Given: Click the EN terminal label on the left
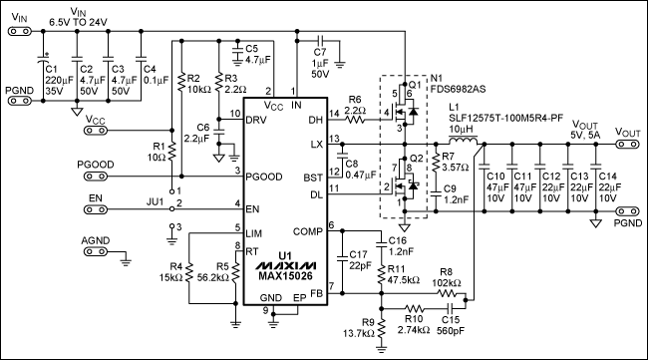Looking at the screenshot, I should point(96,199).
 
